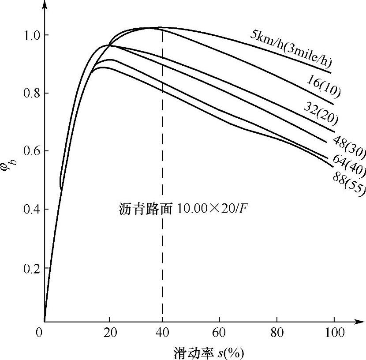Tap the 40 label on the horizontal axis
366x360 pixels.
pyautogui.click(x=162, y=333)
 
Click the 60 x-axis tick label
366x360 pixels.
pyautogui.click(x=219, y=333)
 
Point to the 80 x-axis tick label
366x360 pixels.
pyautogui.click(x=276, y=333)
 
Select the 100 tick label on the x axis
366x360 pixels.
pyautogui.click(x=334, y=333)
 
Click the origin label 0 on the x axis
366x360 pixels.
pyautogui.click(x=42, y=333)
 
